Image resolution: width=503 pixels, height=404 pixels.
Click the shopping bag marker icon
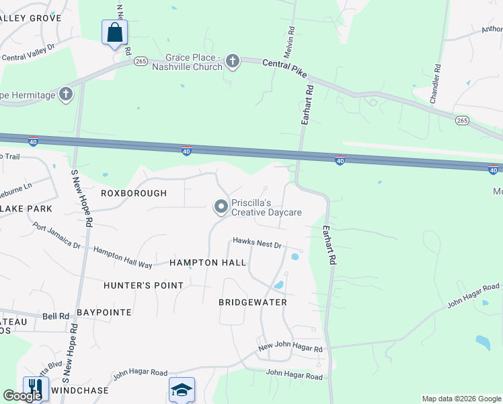click(x=114, y=32)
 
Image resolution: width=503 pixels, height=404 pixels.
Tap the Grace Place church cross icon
click(x=233, y=61)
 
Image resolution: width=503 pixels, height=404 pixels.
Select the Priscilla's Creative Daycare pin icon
click(x=221, y=207)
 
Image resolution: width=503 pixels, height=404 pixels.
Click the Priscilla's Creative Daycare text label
click(x=266, y=207)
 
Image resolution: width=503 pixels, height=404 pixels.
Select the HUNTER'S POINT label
click(x=143, y=285)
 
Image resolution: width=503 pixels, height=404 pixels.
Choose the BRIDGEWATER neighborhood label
click(x=253, y=302)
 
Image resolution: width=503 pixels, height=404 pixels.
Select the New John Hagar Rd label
click(x=291, y=349)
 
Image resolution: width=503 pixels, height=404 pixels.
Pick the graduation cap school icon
click(x=182, y=390)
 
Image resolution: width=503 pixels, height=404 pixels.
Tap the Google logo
click(x=22, y=396)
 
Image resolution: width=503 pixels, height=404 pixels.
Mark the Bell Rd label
click(x=56, y=315)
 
